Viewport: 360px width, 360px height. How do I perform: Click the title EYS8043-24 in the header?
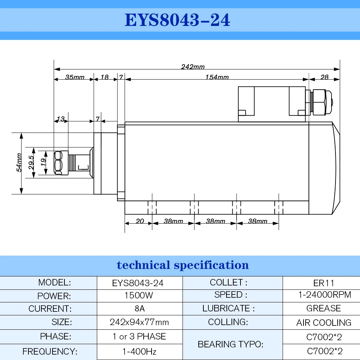coord(177,20)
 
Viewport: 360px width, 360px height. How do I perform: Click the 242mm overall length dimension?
coord(193,67)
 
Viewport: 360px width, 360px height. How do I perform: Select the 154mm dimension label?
coord(217,77)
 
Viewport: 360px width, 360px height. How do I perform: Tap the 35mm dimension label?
coord(75,77)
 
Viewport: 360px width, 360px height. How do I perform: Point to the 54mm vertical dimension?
coord(19,163)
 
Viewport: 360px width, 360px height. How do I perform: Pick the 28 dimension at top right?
coord(324,77)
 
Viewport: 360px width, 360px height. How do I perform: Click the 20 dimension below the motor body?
coord(139,221)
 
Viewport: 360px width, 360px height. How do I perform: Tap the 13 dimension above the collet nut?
coord(61,119)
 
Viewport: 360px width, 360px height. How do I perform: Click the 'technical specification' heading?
coord(183,265)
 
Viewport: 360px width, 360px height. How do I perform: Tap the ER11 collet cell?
coord(324,283)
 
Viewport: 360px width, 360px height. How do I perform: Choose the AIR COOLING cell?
coord(324,323)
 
